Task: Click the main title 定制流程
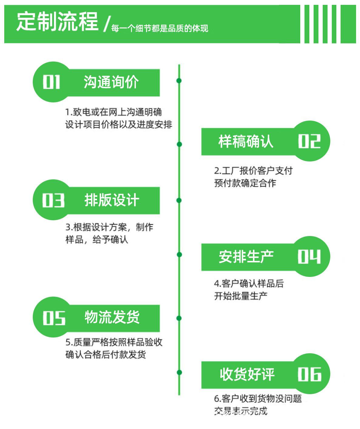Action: (57, 22)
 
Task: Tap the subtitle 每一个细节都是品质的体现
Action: (160, 28)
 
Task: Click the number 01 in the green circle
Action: (51, 82)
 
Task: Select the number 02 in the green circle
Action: (309, 141)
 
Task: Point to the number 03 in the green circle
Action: (53, 200)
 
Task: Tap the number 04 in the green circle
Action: (309, 257)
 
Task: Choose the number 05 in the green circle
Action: (54, 318)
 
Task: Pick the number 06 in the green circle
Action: (309, 374)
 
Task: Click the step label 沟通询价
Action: (111, 82)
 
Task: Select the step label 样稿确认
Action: (246, 141)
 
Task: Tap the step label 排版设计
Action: (112, 200)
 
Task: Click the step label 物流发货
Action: (112, 318)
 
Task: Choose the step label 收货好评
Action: (247, 374)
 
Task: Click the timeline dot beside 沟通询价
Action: (179, 81)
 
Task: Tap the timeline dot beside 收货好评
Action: (179, 372)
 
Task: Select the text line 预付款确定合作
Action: (245, 183)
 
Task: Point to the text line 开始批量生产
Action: (241, 296)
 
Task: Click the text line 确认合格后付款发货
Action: (106, 354)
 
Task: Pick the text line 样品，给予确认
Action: (97, 240)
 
